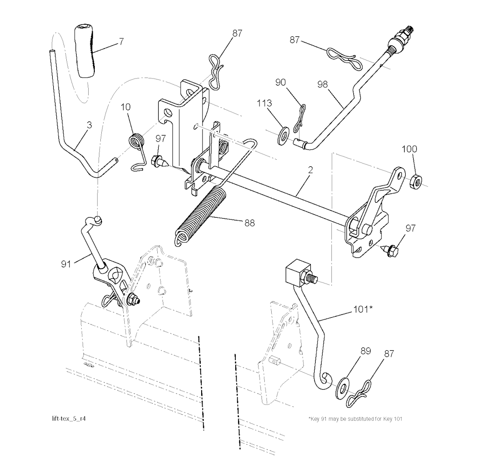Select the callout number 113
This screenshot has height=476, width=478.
(264, 103)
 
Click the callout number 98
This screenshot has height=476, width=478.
(322, 84)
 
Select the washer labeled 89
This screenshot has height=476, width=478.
(343, 388)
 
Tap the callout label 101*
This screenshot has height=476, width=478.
(363, 309)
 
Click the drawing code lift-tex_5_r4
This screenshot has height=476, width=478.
(69, 419)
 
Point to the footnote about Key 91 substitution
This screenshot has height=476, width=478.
(355, 419)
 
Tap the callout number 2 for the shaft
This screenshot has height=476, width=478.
(310, 170)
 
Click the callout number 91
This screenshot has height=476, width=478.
(66, 264)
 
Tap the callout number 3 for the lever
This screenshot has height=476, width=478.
(89, 125)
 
